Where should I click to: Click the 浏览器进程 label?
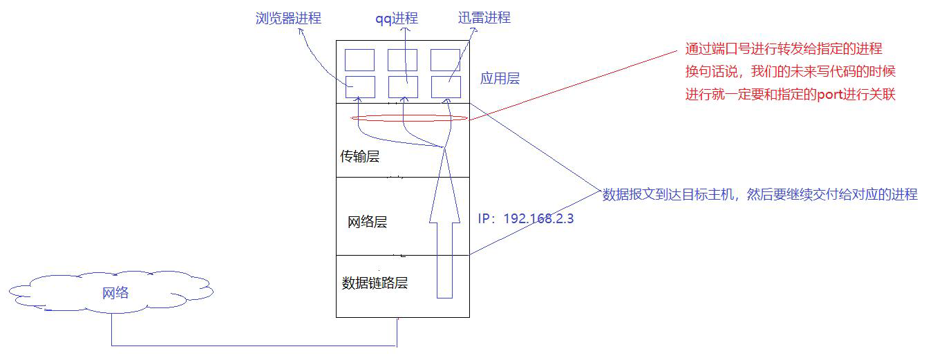(288, 19)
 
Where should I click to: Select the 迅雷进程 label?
(484, 18)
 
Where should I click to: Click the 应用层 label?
(500, 78)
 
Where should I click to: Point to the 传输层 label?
(360, 157)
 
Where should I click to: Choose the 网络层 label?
(367, 222)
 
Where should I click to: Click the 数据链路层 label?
(375, 283)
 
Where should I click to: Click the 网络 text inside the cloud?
(115, 293)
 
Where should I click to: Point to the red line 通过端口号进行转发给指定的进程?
(784, 49)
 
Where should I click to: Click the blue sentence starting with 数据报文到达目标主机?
(759, 195)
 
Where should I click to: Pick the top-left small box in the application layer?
(360, 59)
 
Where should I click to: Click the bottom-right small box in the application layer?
(446, 87)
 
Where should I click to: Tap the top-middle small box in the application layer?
(402, 59)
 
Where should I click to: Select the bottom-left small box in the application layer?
(360, 87)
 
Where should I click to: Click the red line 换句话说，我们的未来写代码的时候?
(790, 72)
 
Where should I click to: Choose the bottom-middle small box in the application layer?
(403, 87)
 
